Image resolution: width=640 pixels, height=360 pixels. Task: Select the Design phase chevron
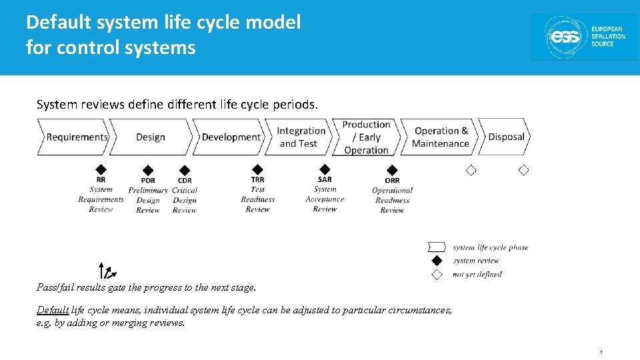(151, 137)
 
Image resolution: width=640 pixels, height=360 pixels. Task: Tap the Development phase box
(230, 137)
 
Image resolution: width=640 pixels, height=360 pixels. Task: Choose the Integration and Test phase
(301, 137)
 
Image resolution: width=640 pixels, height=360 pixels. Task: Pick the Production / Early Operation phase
(367, 137)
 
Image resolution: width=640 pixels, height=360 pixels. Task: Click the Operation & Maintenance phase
(440, 137)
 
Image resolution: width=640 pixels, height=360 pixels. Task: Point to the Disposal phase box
(506, 137)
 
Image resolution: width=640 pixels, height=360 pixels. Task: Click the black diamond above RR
(101, 169)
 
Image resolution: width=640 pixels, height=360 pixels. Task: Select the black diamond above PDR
(148, 171)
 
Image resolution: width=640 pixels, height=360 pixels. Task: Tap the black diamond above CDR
(185, 171)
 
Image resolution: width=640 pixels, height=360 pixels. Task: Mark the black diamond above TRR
(258, 169)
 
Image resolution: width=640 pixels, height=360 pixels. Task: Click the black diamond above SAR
(325, 169)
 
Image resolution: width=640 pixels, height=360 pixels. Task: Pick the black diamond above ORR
(392, 171)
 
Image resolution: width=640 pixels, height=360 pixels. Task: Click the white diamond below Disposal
(523, 170)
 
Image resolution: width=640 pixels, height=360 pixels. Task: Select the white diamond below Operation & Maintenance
(471, 170)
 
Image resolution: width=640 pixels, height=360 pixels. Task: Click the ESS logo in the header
(583, 37)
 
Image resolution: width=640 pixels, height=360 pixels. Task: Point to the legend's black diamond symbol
(437, 261)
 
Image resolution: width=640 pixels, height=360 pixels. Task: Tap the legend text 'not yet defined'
(477, 274)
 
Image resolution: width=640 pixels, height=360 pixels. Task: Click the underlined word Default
(52, 310)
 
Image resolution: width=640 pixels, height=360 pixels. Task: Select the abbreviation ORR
(392, 181)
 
